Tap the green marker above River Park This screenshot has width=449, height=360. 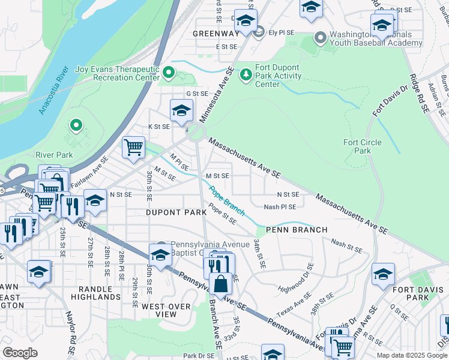(x=76, y=125)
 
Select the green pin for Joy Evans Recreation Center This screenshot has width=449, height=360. (x=169, y=74)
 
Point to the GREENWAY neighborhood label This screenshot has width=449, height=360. (x=215, y=34)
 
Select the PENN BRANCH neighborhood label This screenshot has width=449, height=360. (x=297, y=230)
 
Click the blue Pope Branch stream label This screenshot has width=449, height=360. (x=227, y=200)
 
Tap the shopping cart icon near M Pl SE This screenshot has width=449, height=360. (x=133, y=147)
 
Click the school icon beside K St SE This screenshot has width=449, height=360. (x=181, y=110)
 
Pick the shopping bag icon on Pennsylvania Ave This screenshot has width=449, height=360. (x=221, y=283)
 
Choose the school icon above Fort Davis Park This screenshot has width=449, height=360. (x=383, y=274)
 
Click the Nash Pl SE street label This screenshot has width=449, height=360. (x=280, y=207)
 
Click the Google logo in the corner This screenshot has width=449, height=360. (x=20, y=353)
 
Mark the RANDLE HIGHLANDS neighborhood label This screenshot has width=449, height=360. (x=96, y=293)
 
